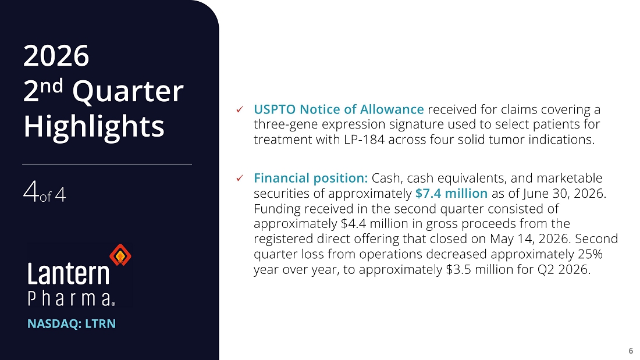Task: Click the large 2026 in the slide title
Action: [56, 56]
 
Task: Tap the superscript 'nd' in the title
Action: [51, 86]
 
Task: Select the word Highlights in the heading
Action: [94, 127]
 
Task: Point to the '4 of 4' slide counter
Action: [44, 193]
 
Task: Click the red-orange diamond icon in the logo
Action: [120, 255]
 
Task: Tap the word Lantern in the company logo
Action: [69, 273]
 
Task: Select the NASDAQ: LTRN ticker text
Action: [72, 324]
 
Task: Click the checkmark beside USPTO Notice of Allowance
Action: [240, 109]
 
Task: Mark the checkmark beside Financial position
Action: [240, 178]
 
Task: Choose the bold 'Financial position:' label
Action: [311, 179]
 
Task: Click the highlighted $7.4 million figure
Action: [451, 193]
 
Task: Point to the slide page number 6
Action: [631, 351]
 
